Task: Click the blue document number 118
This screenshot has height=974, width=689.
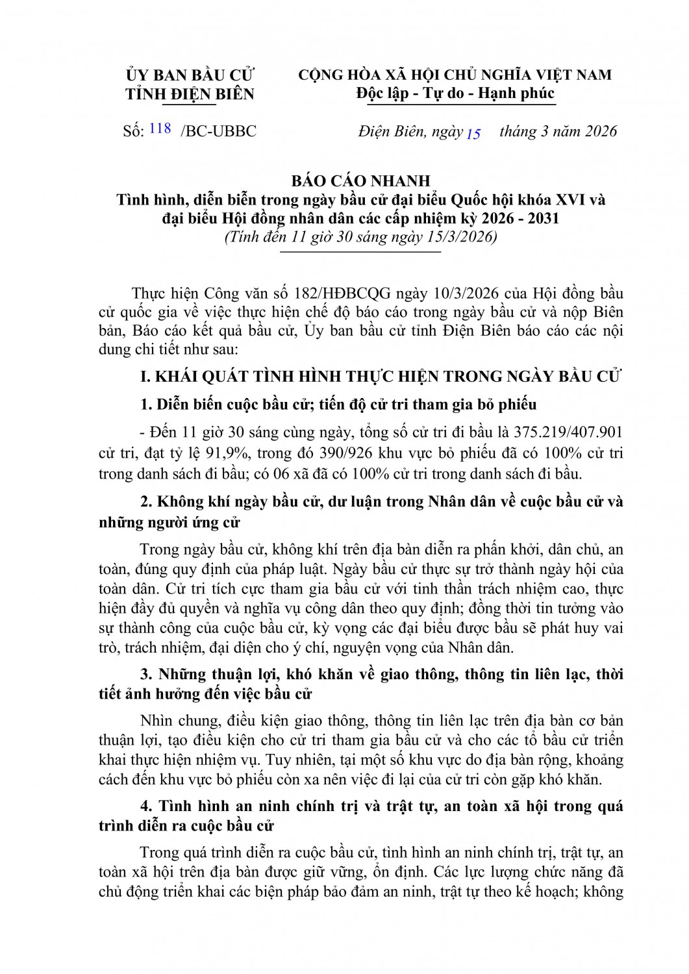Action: pos(160,129)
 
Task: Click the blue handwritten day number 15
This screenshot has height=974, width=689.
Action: pos(473,134)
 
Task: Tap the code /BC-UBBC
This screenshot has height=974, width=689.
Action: pos(218,132)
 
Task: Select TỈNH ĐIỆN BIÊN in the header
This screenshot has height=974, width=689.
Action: pos(190,94)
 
